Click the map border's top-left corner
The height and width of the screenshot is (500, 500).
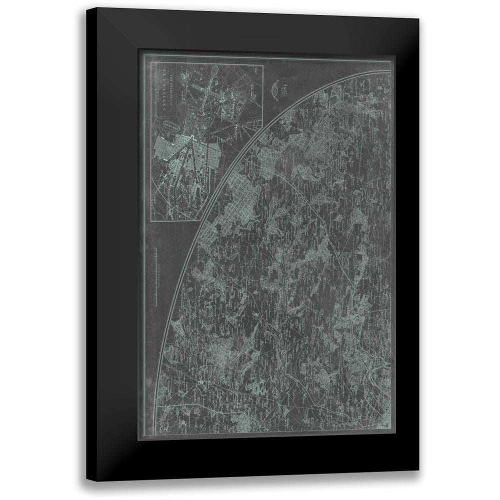[x=144, y=55]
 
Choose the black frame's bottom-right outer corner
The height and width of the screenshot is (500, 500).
[x=419, y=470]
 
